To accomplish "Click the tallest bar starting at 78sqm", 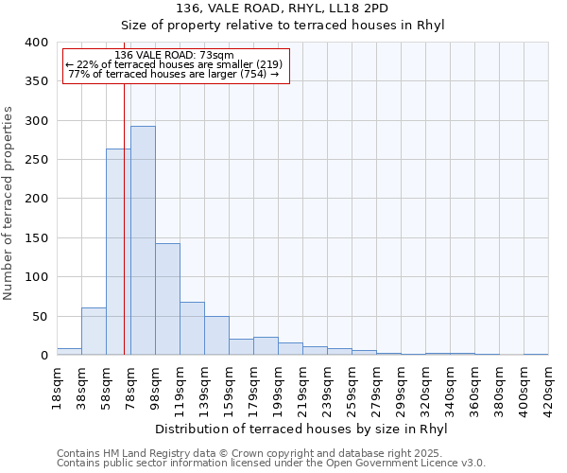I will coord(143,240).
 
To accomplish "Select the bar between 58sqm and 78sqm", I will coord(118,252).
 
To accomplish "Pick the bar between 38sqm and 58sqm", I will coord(94,331).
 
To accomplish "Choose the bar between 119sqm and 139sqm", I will coord(192,328).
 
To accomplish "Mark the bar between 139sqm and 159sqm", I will coord(216,336).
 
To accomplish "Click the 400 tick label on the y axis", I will coord(36,43).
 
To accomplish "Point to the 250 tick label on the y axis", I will coord(36,160).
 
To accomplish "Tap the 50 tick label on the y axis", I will coord(39,316).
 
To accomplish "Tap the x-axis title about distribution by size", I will coord(301,429).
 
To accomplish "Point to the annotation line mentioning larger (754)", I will coord(173,74).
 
